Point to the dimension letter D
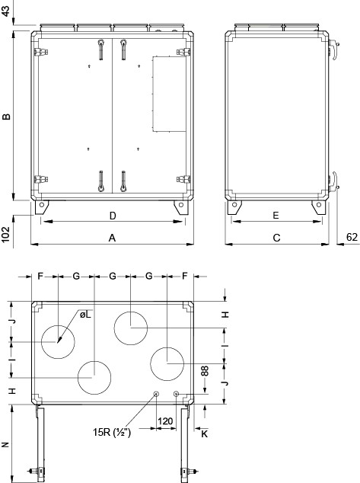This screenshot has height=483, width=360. click(x=112, y=215)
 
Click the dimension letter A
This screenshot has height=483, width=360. click(x=112, y=238)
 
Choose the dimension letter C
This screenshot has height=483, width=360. click(x=276, y=238)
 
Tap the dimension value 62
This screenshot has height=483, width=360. click(x=351, y=238)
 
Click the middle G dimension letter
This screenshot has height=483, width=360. click(x=112, y=274)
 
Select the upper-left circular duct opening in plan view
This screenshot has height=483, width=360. click(x=58, y=341)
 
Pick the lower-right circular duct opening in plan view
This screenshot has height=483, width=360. click(x=167, y=363)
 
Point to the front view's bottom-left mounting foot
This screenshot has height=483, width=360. click(x=42, y=206)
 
